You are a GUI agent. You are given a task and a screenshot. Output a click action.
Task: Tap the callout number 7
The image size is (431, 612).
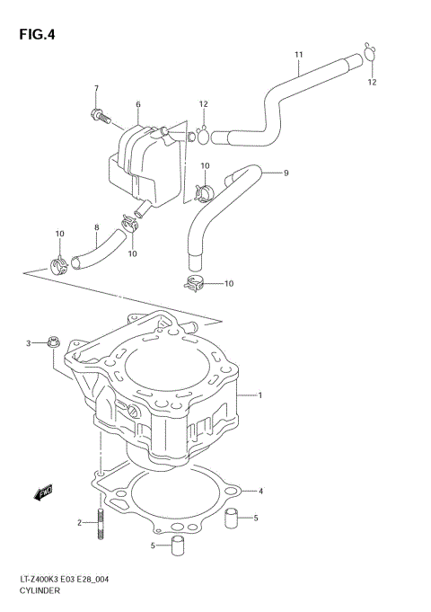[x=96, y=88]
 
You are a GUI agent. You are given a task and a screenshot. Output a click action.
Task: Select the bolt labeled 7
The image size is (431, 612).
[x=97, y=115]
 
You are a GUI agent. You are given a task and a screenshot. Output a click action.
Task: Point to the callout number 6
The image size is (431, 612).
[x=138, y=105]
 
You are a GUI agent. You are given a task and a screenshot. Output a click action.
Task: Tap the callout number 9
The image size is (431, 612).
[x=286, y=173]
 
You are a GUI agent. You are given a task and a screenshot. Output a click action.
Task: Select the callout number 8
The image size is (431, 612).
[x=97, y=228]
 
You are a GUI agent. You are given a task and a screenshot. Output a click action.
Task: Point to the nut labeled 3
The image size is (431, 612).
[x=52, y=342]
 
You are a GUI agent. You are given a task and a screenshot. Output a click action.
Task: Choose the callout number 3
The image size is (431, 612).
[x=28, y=343]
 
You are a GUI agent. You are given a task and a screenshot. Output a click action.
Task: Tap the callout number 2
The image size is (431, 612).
[x=79, y=522]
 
